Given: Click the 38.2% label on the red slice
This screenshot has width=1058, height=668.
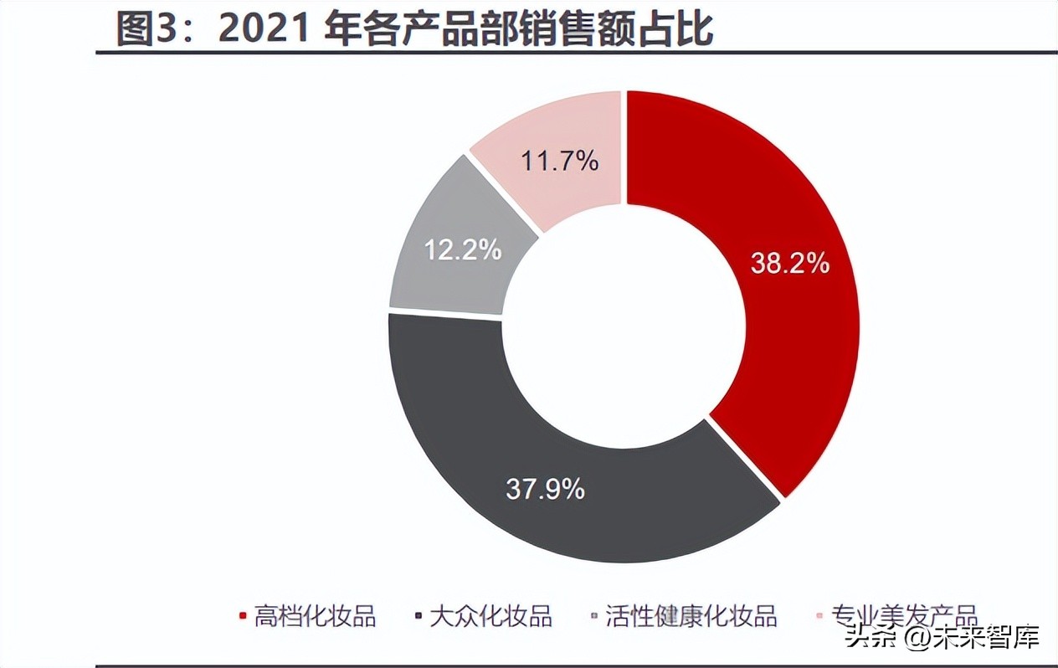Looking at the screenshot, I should tap(789, 265).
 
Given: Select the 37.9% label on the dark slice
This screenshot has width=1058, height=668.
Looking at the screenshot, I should tap(545, 489).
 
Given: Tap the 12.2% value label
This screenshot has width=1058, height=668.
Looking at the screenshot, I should tap(462, 249).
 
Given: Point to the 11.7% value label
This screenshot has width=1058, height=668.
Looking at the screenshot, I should tap(560, 161).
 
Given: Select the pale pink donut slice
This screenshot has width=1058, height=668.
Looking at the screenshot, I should tap(561, 142).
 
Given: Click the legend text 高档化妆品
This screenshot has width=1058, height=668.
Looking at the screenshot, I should tap(316, 617).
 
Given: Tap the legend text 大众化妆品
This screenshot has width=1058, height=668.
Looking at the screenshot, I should tap(490, 617).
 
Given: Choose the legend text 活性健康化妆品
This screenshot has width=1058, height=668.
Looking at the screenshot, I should tap(691, 617).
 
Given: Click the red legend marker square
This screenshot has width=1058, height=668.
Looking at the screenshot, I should tap(243, 618).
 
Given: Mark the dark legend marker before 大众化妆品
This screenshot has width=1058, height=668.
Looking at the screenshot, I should tap(418, 618).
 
